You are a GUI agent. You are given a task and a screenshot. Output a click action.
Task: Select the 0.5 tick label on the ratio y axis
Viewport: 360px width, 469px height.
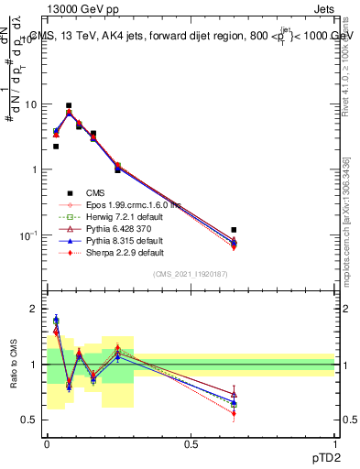34,420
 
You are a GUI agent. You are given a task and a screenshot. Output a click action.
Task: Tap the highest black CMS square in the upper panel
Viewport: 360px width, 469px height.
69,105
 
